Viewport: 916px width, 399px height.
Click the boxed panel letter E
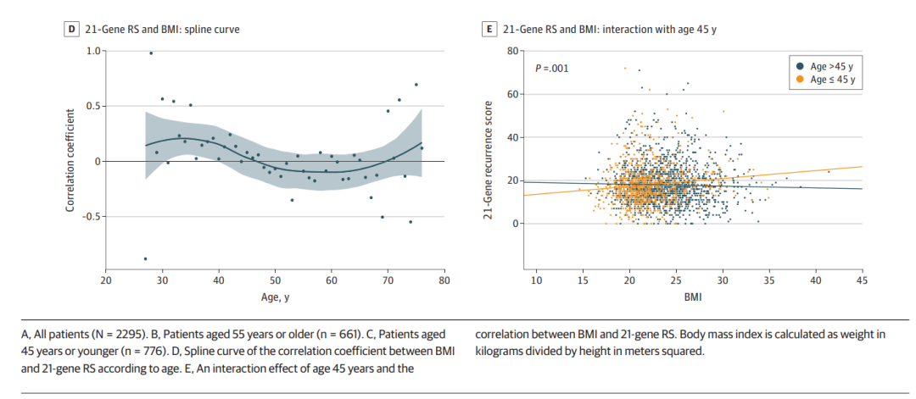tap(489, 29)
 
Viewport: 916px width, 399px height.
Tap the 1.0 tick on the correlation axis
tap(92, 51)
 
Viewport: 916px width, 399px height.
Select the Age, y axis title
tap(275, 297)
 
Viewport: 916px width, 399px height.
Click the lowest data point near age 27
tap(145, 258)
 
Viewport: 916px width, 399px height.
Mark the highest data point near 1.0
tap(151, 53)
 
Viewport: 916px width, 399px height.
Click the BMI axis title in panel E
tap(699, 297)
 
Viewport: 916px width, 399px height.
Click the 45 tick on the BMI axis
tap(862, 280)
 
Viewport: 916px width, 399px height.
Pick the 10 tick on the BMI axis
tap(536, 280)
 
